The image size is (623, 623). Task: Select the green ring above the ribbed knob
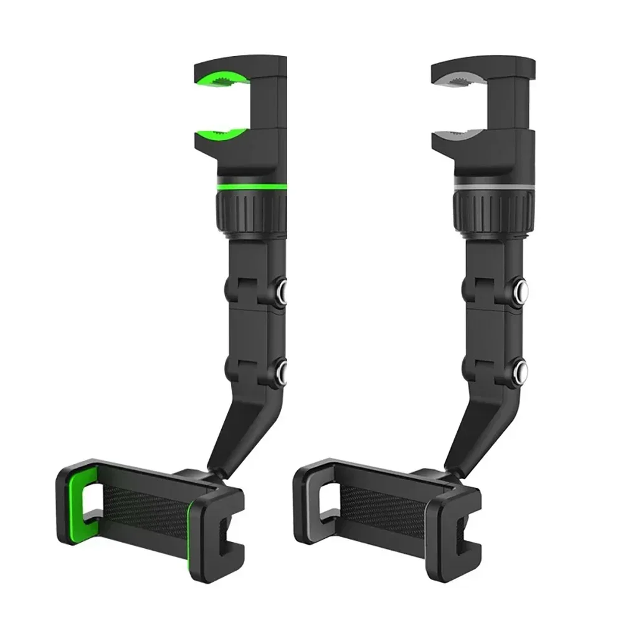(249, 188)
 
